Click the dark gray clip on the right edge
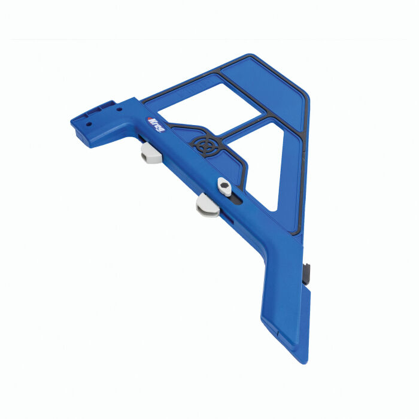click(x=308, y=272)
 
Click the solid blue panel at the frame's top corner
click(x=266, y=90)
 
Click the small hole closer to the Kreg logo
click(x=119, y=111)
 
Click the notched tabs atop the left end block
click(x=102, y=106)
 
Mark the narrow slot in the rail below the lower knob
click(x=227, y=222)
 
